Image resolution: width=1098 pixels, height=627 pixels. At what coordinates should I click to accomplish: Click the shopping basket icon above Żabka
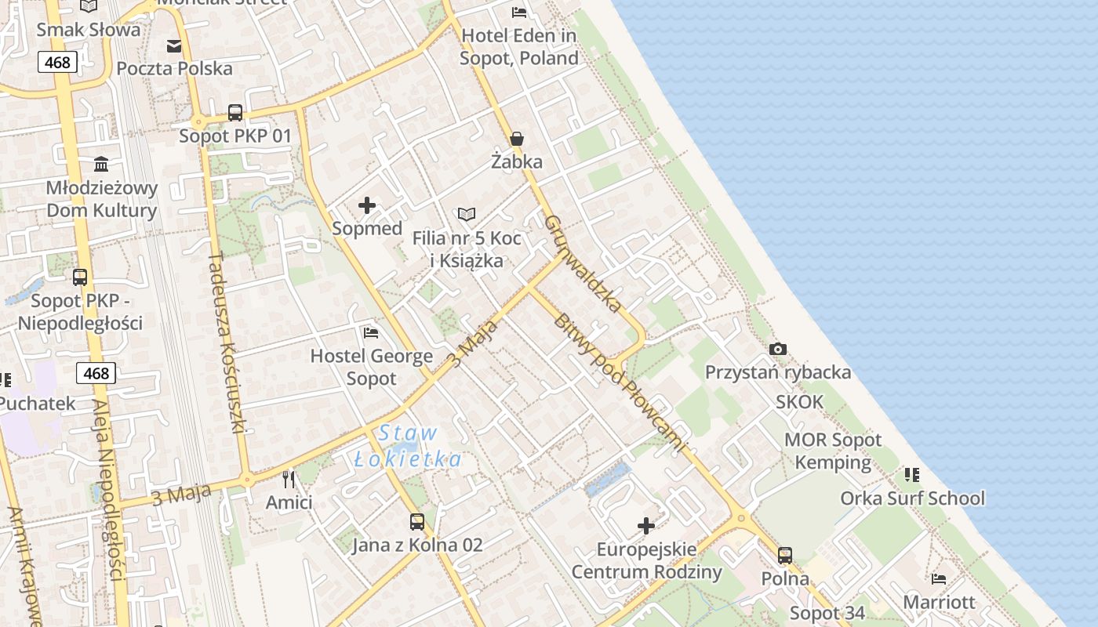click(517, 140)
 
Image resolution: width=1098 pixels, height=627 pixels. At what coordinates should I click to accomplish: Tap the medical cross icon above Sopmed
click(367, 206)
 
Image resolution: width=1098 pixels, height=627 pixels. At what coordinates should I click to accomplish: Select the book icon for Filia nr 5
click(467, 214)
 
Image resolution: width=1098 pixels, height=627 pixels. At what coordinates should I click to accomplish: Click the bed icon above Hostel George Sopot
click(371, 333)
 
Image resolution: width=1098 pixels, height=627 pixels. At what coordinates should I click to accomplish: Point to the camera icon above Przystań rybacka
click(778, 349)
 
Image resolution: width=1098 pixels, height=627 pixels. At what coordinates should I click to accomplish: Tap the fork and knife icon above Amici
click(289, 479)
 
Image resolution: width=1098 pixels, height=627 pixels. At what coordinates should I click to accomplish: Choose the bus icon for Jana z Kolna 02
click(417, 521)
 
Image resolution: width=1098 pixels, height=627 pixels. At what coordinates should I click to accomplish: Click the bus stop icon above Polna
click(785, 556)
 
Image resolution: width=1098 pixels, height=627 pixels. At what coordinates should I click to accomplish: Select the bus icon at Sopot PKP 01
click(235, 113)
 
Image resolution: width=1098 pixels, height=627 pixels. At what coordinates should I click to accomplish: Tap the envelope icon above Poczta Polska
click(174, 46)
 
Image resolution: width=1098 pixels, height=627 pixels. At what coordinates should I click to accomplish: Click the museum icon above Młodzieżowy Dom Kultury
click(101, 164)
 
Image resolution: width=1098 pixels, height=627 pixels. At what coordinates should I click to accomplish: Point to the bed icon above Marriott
click(939, 579)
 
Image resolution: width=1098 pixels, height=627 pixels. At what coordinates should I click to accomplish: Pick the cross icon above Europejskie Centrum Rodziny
click(646, 526)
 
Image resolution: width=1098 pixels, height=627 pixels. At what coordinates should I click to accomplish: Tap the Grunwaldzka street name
click(583, 263)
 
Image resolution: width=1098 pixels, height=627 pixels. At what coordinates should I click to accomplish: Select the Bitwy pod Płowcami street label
click(620, 384)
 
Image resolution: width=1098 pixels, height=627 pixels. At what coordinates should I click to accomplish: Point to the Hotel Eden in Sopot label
click(519, 47)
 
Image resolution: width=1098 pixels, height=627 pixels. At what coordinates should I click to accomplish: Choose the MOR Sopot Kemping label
click(833, 451)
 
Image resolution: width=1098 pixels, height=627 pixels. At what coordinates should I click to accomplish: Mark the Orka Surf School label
click(913, 498)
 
